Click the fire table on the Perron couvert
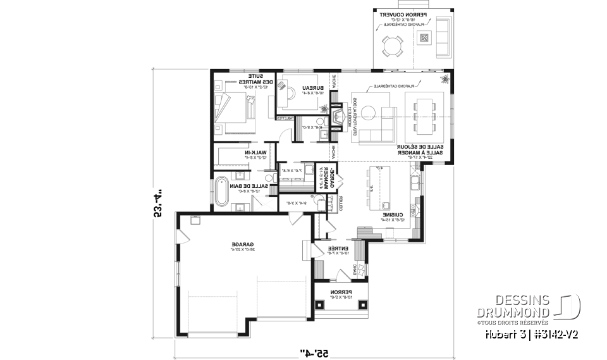pos(424,37)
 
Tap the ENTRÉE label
pos(333,249)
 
